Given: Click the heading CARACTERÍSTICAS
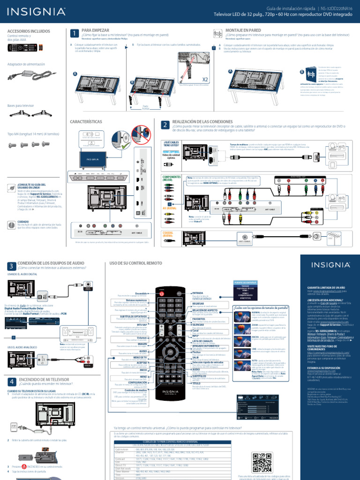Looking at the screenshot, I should pos(86,121).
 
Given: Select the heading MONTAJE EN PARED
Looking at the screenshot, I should pos(243,30).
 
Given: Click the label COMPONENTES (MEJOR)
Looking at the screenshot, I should pos(171,178).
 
